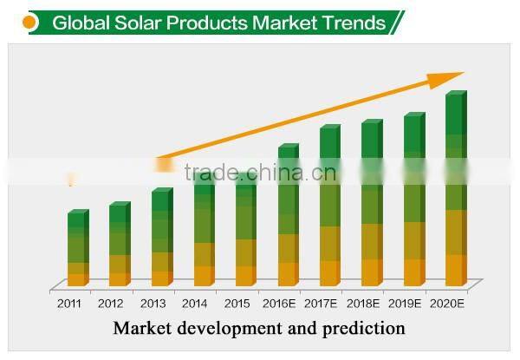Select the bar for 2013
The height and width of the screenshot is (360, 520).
[x=161, y=239]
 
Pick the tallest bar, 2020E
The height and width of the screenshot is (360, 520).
[x=456, y=191]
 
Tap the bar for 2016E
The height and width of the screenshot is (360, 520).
[x=288, y=217]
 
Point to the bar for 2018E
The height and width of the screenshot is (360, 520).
[x=371, y=205]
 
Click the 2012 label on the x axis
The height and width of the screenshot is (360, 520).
[x=111, y=304]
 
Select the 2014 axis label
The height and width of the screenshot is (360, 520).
[x=195, y=304]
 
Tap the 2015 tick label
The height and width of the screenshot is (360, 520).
[x=237, y=304]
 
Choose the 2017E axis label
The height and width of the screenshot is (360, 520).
[x=322, y=304]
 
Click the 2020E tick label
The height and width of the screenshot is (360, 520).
[x=448, y=304]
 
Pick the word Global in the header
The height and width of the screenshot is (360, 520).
[x=79, y=23]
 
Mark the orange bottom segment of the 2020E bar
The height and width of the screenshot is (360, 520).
[x=456, y=270]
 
